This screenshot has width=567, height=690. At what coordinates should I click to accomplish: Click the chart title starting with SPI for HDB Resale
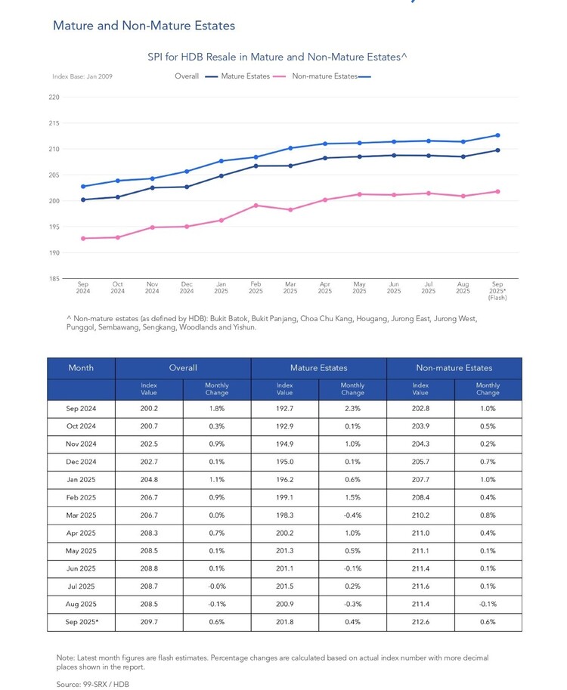[x=277, y=57]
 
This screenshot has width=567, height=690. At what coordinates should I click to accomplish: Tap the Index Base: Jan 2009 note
[x=82, y=76]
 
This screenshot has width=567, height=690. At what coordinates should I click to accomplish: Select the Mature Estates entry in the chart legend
[x=245, y=76]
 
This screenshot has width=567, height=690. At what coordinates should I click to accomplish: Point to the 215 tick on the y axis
[x=54, y=123]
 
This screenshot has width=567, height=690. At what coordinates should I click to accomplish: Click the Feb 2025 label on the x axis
[x=256, y=287]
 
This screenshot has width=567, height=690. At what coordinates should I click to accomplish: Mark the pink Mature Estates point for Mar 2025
[x=290, y=210]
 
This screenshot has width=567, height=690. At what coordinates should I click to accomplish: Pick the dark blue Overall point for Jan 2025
[x=222, y=176]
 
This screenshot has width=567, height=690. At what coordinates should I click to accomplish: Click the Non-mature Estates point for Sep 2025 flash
[x=498, y=135]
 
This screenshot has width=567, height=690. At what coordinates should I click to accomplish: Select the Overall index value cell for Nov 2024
[x=149, y=444]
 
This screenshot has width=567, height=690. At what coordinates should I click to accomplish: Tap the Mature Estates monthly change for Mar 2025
[x=352, y=515]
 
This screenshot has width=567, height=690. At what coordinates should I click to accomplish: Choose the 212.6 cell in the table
[x=420, y=622]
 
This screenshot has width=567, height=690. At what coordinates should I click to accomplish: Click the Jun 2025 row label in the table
[x=81, y=568]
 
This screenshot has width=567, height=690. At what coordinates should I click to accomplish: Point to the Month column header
[x=81, y=368]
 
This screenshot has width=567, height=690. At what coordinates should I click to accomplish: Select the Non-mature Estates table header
[x=454, y=368]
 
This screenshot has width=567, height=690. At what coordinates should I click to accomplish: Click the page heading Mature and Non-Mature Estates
[x=144, y=26]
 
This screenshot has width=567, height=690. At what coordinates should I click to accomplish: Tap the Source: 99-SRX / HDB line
[x=93, y=684]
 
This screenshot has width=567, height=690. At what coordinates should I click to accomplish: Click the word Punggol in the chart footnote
[x=81, y=327]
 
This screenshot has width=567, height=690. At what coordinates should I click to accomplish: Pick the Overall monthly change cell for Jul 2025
[x=217, y=586]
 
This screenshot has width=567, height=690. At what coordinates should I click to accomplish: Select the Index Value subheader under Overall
[x=149, y=388]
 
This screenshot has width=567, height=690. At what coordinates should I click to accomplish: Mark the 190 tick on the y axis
[x=54, y=253]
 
